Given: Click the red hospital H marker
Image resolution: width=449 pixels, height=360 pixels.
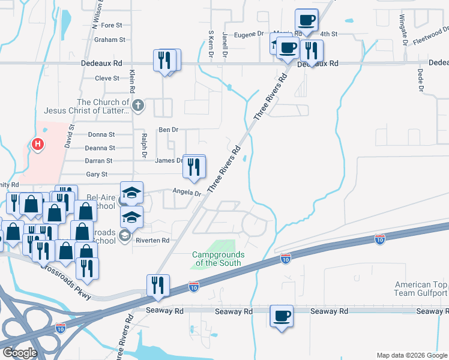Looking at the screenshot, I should pos(38,145).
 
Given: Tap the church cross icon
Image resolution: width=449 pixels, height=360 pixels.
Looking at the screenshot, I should pos(138,106).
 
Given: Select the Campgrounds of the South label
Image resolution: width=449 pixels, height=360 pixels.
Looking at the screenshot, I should pos(217,259).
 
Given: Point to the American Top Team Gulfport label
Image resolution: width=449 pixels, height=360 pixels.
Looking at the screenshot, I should pos(421,289).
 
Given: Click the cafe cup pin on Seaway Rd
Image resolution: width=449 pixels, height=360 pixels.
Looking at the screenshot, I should pos(281,316).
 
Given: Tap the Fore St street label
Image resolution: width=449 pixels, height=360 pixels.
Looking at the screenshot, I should pos(112,25).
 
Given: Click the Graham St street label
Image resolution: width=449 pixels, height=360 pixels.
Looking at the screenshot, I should pos(110,40).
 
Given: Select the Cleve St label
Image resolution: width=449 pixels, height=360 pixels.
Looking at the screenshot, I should pos(107,78).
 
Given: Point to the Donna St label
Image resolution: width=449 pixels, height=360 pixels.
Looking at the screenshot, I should pos(101,135).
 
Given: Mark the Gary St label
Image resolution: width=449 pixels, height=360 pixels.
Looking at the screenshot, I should pos(97,174).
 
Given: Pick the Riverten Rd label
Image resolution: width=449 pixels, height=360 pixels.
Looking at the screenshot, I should pos(152,240).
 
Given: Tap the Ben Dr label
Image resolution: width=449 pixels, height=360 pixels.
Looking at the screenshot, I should pos(168,130).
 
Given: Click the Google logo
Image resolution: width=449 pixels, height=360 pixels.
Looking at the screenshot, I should pos(20,353).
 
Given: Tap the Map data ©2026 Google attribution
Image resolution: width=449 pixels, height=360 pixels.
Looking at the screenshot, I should pos(412,355).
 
